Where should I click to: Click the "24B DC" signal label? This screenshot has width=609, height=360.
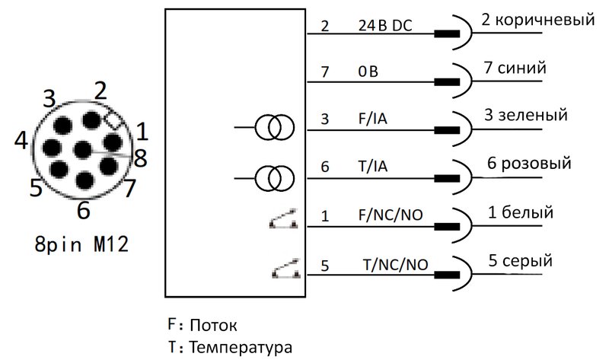[x=384, y=26]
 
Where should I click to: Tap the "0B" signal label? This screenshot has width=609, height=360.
[x=368, y=72]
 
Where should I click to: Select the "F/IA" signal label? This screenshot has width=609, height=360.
[x=372, y=119]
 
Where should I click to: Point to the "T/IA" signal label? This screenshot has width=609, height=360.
[x=372, y=166]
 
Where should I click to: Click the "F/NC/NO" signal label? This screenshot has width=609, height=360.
[x=391, y=215]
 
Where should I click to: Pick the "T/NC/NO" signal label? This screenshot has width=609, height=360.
[x=395, y=265]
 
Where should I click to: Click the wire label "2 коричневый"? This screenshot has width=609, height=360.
[x=538, y=19]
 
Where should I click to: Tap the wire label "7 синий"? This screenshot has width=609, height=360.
[x=515, y=68]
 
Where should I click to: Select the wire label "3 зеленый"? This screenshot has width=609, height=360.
[x=526, y=115]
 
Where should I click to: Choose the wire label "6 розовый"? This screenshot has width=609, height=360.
[x=529, y=163]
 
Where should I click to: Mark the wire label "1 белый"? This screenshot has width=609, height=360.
[x=521, y=212]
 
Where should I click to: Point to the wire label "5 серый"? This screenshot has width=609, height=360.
[x=521, y=260]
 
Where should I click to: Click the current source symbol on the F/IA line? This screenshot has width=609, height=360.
[x=275, y=127]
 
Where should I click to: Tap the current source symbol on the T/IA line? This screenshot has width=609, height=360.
[x=275, y=178]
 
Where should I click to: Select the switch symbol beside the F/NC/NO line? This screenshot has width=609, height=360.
[x=283, y=218]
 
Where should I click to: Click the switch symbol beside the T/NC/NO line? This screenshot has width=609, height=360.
[x=286, y=269]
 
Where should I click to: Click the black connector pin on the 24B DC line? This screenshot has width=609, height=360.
[x=447, y=33]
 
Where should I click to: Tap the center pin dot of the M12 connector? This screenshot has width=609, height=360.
[x=83, y=150]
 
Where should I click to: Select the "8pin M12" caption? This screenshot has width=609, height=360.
[x=81, y=244]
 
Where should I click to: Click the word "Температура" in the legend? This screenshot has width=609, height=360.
[x=241, y=347]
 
